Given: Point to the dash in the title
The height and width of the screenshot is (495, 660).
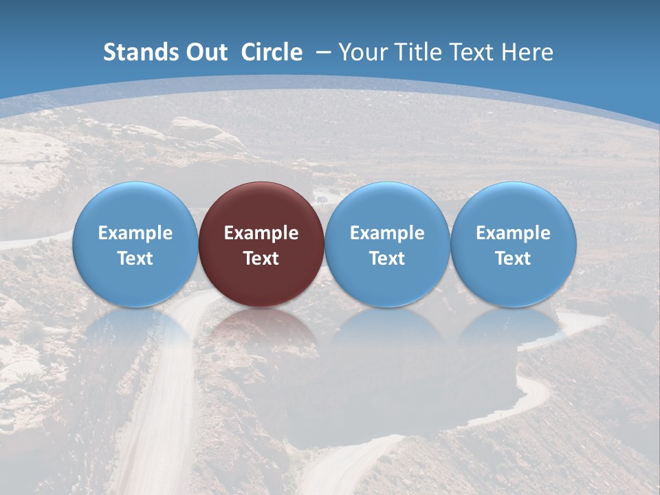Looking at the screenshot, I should [323, 52].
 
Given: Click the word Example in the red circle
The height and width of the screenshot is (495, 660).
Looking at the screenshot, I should [261, 233].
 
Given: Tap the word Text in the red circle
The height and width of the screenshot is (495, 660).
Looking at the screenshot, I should [261, 258].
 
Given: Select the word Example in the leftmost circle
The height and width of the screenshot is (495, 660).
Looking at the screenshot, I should [135, 233].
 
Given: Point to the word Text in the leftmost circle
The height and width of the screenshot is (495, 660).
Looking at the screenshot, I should [135, 258].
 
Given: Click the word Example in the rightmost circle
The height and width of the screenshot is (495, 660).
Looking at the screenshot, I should [513, 233].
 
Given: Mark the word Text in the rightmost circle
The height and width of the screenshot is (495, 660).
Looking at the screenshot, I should [513, 258].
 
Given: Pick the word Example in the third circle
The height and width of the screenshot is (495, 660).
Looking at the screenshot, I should [387, 233].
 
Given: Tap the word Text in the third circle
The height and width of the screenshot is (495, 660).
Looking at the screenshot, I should [387, 258].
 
